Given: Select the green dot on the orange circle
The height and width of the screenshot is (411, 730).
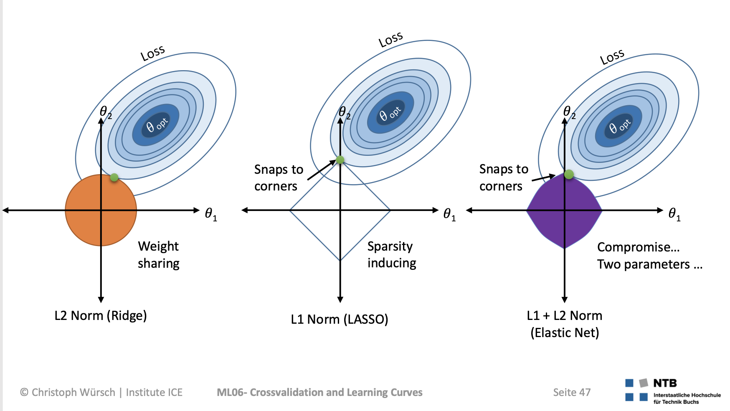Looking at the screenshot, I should [x=114, y=178].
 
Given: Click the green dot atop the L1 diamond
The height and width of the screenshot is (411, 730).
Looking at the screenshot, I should [x=340, y=160].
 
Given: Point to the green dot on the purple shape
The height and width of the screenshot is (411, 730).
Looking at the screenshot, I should [x=569, y=174].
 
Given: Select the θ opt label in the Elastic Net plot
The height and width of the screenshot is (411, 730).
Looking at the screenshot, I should [x=619, y=126].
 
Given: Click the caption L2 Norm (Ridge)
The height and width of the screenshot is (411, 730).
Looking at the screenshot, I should [x=101, y=315].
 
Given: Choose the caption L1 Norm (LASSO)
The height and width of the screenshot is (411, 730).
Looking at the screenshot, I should [x=340, y=320].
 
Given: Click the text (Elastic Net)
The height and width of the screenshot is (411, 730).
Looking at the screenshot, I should [x=565, y=333].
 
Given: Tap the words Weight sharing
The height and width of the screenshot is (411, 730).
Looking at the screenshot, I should [x=159, y=255].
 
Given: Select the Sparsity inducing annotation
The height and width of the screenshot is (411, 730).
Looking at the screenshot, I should [x=391, y=254].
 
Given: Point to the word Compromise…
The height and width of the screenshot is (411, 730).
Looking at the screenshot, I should [x=638, y=247].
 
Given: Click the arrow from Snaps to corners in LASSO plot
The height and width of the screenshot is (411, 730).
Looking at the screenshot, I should [x=321, y=170].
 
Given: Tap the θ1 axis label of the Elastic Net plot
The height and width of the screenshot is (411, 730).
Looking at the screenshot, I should [x=674, y=214].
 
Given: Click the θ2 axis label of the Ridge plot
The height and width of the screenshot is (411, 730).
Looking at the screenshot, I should [x=106, y=112].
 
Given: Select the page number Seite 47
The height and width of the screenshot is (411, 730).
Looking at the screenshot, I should [x=572, y=392].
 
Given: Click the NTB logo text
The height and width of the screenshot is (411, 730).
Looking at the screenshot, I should [x=665, y=383].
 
